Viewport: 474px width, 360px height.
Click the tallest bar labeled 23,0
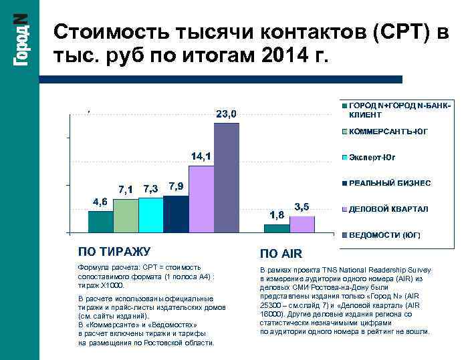point(226,178)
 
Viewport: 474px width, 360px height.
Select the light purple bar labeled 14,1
point(201,198)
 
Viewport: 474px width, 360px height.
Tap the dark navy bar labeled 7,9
point(176,214)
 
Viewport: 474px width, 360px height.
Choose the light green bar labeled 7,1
point(126,215)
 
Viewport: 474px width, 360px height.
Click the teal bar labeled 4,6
point(100,221)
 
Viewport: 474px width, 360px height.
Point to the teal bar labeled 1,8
point(277,228)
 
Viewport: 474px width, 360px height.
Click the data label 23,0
point(225,114)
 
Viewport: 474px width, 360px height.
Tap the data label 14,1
point(201,156)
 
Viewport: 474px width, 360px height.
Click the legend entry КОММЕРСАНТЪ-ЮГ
point(388,132)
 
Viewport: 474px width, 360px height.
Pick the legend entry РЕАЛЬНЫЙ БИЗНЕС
point(389,183)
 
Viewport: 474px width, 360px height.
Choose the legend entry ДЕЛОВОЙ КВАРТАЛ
point(388,209)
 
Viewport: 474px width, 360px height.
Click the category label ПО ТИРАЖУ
point(114,252)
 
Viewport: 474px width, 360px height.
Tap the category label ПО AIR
point(281,254)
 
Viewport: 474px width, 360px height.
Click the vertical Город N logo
point(20,40)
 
